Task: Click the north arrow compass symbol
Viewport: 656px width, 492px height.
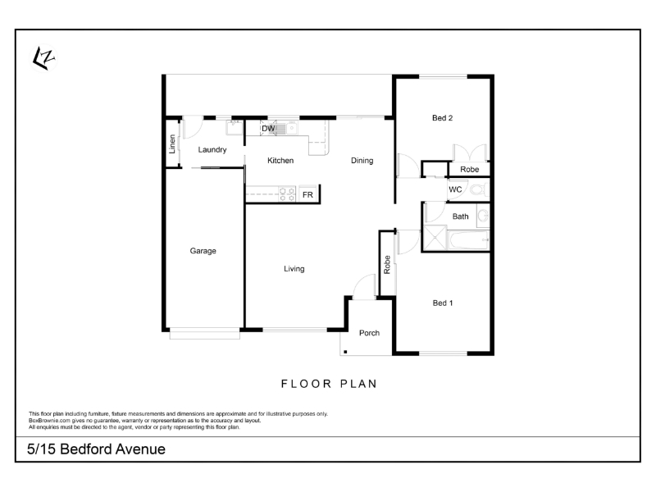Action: [43, 58]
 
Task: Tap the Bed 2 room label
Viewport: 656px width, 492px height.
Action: [442, 118]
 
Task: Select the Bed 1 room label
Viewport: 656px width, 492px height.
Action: [443, 303]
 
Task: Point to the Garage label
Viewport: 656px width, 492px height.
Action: [203, 251]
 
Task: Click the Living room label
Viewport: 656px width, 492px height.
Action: [294, 269]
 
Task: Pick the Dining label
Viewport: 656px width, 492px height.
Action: [362, 161]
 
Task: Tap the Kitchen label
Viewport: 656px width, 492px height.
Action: [280, 161]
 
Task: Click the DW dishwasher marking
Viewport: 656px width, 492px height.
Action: [268, 129]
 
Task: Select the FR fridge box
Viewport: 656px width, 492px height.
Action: [308, 194]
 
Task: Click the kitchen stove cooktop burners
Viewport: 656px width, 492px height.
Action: [287, 194]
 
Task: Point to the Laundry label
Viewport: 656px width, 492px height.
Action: [212, 150]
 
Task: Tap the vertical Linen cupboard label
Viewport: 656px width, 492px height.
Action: [172, 144]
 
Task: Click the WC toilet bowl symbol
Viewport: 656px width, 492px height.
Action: [478, 189]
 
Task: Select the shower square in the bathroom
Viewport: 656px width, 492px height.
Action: [435, 238]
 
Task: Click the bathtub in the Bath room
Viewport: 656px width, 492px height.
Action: [468, 240]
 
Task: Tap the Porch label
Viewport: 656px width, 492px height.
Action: [370, 333]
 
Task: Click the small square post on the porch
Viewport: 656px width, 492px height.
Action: [345, 352]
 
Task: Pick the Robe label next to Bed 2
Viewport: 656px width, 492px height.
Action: [469, 170]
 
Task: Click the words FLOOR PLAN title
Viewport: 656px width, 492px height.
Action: [330, 384]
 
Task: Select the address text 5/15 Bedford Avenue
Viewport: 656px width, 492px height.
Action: [96, 449]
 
